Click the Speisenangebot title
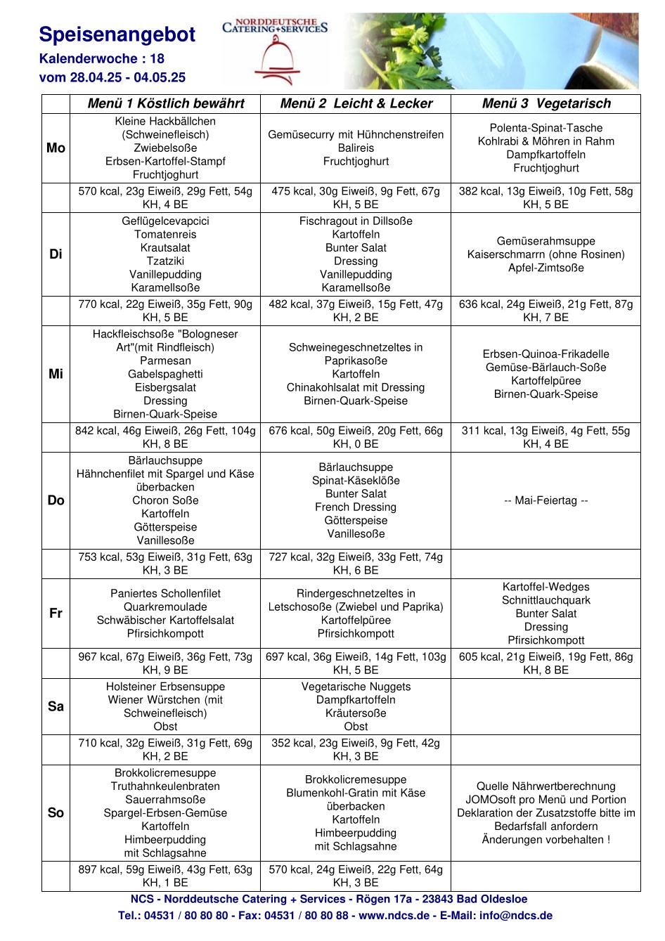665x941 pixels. (x=117, y=35)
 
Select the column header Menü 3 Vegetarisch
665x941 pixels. (x=546, y=104)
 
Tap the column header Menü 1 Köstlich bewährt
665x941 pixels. (x=166, y=104)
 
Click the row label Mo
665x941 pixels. (x=56, y=148)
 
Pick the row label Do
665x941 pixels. (x=56, y=500)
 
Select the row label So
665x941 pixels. (x=56, y=813)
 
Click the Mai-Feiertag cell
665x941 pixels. (x=546, y=500)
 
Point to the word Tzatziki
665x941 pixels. (x=165, y=261)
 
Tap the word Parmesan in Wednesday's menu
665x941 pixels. (x=165, y=361)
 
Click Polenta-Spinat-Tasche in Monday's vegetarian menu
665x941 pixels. (x=546, y=128)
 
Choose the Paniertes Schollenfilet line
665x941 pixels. (x=165, y=594)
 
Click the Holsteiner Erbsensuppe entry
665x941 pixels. (x=165, y=687)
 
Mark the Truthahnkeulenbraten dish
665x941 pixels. (x=165, y=786)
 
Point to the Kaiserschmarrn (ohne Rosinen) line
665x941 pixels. (x=546, y=254)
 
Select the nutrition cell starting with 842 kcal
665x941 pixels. (x=165, y=437)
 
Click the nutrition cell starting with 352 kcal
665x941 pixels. (x=356, y=749)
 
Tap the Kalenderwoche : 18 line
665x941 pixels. (x=102, y=59)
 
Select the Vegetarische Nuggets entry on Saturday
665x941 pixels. (x=356, y=687)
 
